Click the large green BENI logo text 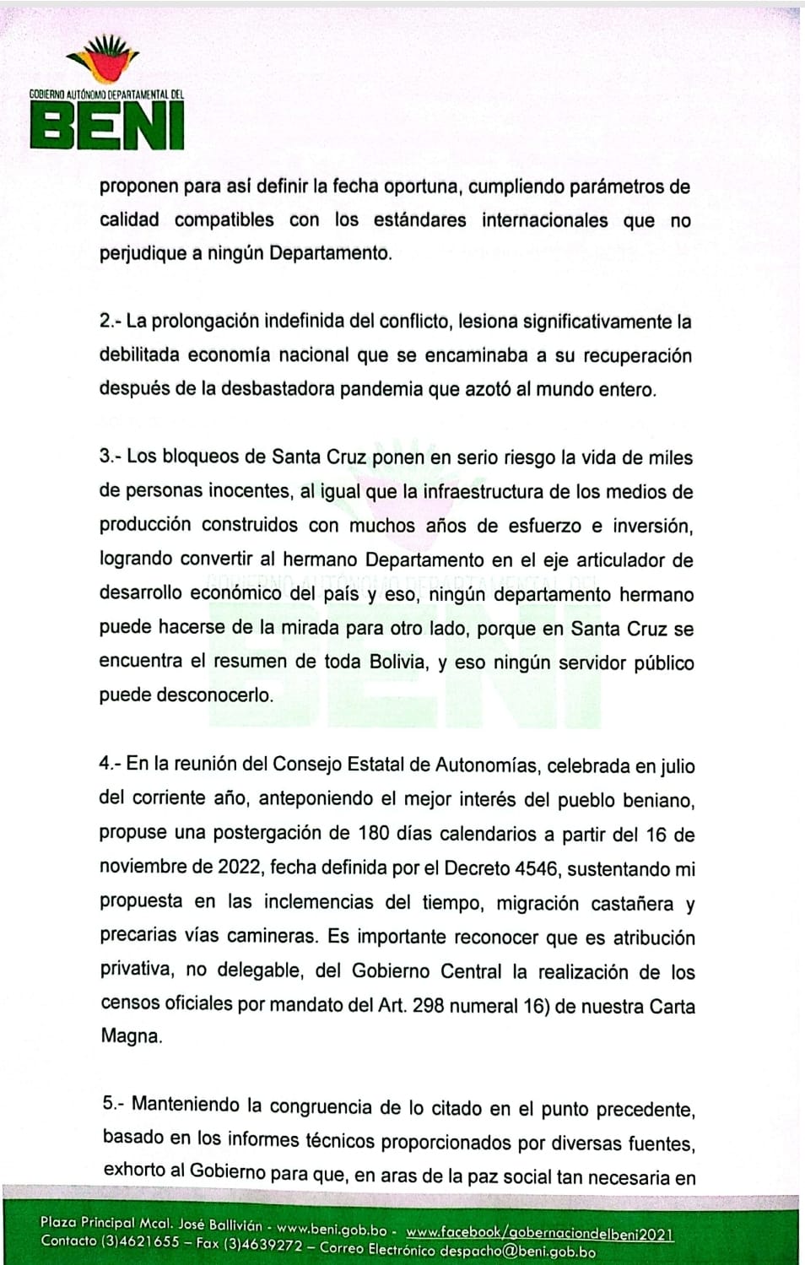pos(107,127)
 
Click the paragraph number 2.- pos(111,322)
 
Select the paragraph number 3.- pos(111,457)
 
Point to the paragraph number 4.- pos(111,764)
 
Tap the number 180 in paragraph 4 pos(374,834)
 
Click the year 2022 pos(240,868)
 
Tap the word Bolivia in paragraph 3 pos(398,662)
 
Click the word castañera pos(632,904)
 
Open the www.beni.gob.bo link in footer pos(332,1230)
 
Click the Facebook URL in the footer pos(539,1234)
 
